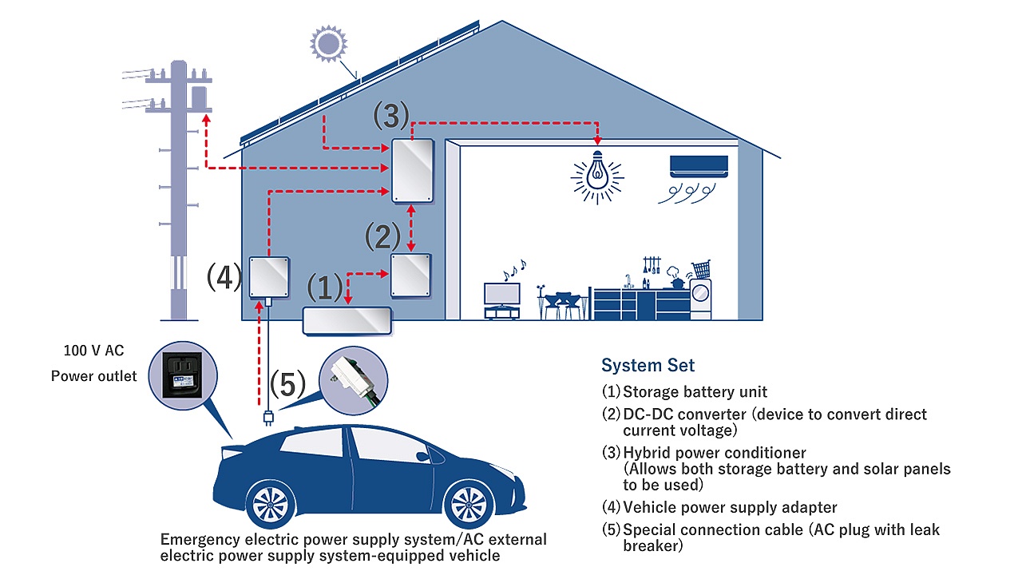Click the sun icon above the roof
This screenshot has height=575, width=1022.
(328, 44)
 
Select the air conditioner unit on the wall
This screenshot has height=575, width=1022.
(699, 166)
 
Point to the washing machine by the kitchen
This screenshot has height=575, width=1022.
(700, 299)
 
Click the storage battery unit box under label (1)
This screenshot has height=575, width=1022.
(347, 321)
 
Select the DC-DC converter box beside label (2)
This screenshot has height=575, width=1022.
(410, 276)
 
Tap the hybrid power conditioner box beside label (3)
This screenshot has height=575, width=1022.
(413, 170)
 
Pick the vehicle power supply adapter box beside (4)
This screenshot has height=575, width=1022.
(269, 277)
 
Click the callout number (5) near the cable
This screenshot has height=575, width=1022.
(287, 384)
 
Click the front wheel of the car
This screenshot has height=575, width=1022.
(469, 504)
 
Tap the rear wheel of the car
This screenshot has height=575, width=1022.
(270, 504)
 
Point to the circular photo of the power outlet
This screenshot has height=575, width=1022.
(183, 375)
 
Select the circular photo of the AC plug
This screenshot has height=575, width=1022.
(354, 381)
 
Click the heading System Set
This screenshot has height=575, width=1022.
(648, 365)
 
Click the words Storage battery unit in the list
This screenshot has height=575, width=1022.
(695, 391)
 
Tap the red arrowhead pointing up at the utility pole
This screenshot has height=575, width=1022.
(206, 119)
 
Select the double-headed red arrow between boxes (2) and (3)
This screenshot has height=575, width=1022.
(411, 228)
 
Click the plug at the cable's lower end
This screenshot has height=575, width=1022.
(268, 418)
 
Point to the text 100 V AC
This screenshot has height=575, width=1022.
(93, 351)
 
